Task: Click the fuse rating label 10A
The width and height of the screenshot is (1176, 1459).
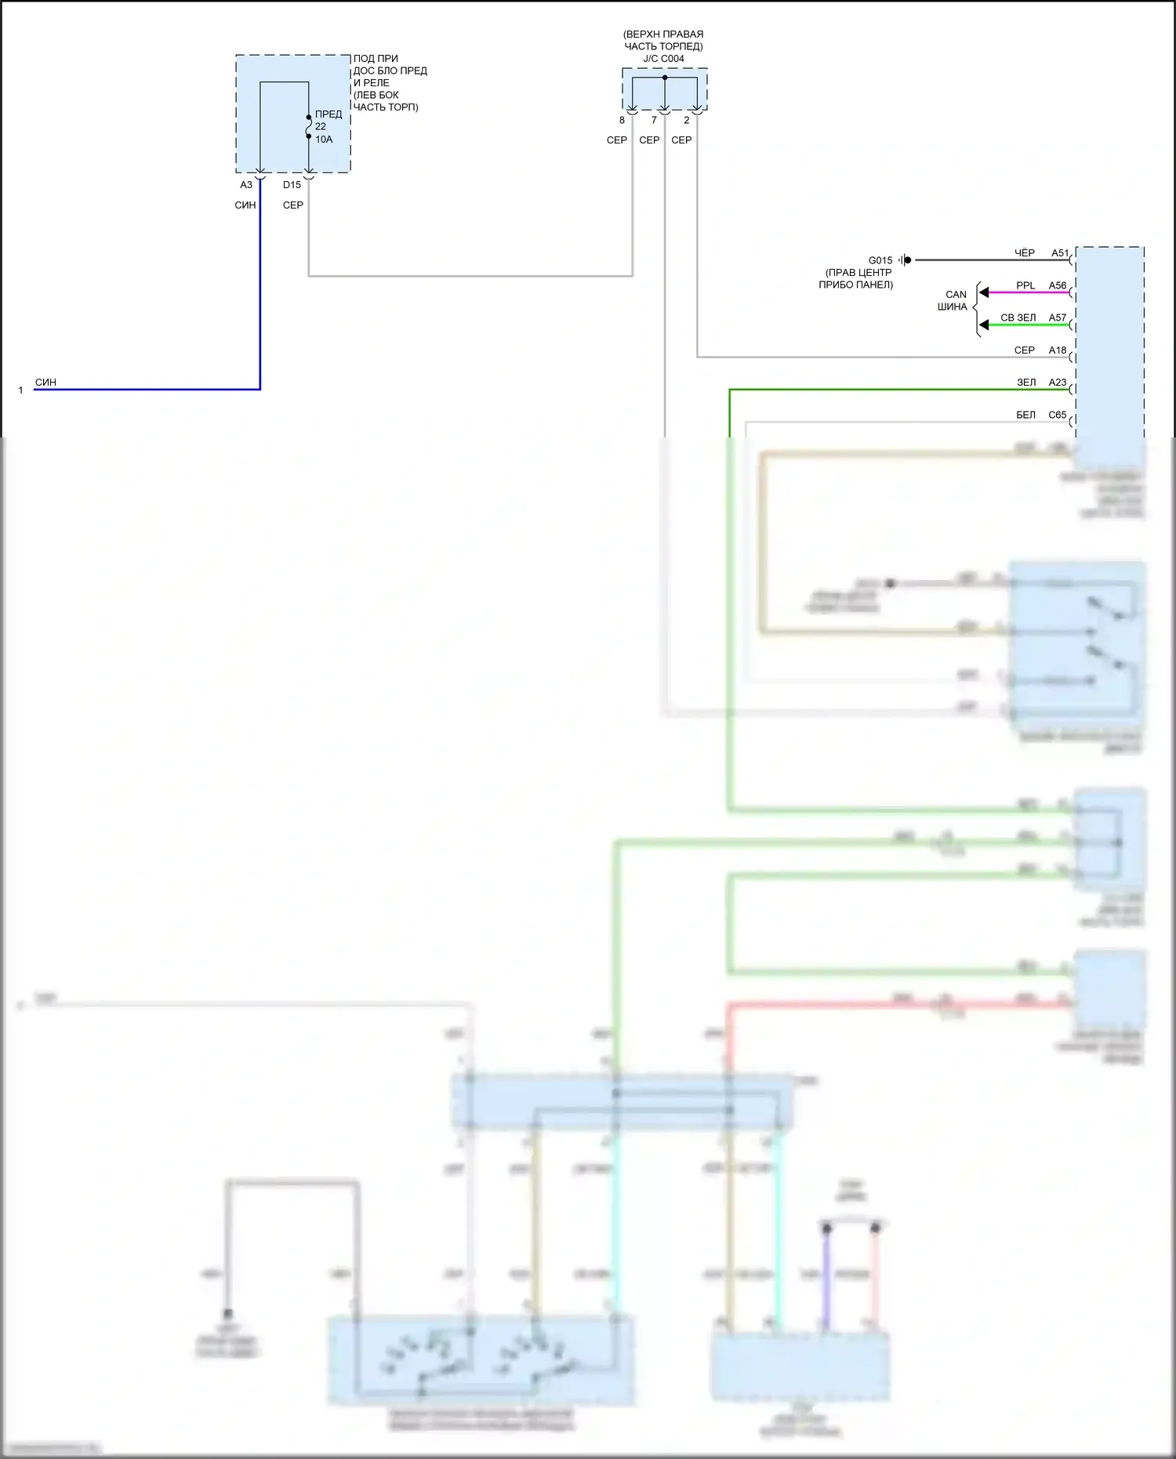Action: click(x=324, y=140)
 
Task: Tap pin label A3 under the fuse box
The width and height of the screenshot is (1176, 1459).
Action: click(x=246, y=185)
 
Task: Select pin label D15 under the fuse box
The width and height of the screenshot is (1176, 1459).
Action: click(x=292, y=185)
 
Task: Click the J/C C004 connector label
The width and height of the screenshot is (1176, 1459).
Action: click(x=663, y=59)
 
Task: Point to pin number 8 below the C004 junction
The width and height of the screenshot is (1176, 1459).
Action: click(x=622, y=121)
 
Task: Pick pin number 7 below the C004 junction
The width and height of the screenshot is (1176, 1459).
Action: click(x=654, y=121)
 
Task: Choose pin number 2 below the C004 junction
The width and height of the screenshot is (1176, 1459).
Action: click(x=687, y=121)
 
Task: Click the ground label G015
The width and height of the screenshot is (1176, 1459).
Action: click(x=880, y=260)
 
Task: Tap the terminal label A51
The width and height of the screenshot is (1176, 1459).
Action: click(x=1060, y=253)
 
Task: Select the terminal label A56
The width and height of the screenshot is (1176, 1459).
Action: click(x=1058, y=285)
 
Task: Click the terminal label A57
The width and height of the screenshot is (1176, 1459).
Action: click(x=1058, y=318)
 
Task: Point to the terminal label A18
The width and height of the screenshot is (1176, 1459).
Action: click(x=1058, y=350)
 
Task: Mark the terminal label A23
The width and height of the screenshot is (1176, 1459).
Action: click(x=1058, y=383)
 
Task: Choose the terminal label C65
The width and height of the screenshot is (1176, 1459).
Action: click(x=1058, y=415)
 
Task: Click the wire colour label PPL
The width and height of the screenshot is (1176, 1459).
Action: click(x=1025, y=285)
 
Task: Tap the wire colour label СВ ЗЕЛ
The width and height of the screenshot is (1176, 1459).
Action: click(x=1018, y=318)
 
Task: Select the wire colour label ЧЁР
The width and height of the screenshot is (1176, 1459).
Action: click(x=1025, y=253)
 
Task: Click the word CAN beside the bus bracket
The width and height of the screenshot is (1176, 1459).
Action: click(x=956, y=295)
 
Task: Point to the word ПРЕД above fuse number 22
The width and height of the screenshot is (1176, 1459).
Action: click(x=328, y=114)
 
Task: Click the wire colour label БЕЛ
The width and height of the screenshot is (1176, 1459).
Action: click(x=1025, y=415)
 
